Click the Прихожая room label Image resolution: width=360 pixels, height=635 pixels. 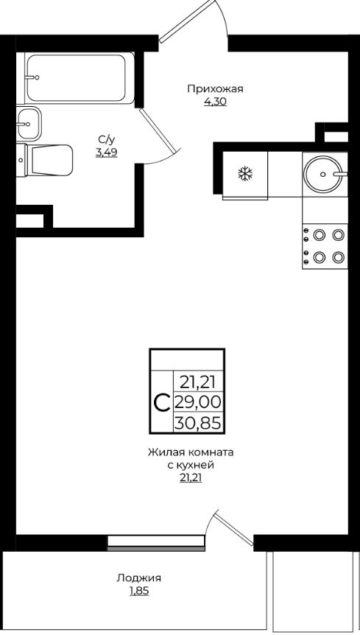215,89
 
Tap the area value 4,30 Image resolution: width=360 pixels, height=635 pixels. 215,102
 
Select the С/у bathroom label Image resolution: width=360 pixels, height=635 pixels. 107,140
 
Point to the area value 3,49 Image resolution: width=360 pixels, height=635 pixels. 107,152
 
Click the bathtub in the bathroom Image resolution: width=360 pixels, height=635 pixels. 80,79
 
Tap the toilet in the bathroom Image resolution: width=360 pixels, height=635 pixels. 44,160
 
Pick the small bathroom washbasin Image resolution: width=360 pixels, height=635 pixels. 29,123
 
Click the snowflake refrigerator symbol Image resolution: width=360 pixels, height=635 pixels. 244,174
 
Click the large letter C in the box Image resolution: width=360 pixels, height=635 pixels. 163,402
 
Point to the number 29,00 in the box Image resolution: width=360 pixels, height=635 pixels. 197,402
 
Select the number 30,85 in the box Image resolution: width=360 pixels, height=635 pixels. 197,423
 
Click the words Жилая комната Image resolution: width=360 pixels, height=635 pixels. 191,452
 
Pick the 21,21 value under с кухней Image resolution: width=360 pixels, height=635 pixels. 191,478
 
